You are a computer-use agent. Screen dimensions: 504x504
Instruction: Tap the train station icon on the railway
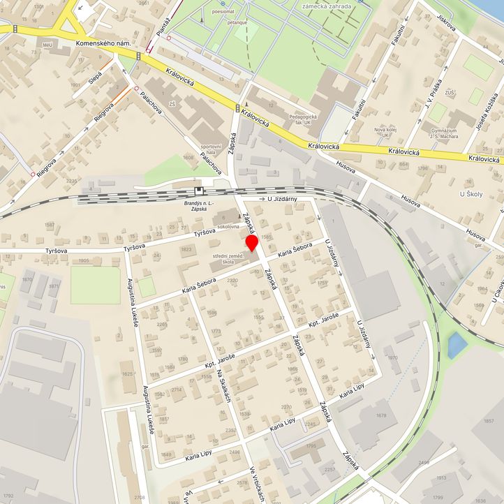click(x=200, y=190)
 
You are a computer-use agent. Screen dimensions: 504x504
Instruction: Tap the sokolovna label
click(x=229, y=228)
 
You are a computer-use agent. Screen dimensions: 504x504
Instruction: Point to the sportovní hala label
click(x=211, y=149)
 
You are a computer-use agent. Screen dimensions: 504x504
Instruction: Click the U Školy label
click(x=471, y=193)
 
